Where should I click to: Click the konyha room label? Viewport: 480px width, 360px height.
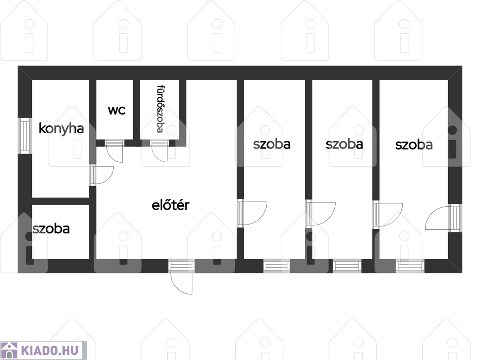(61, 129)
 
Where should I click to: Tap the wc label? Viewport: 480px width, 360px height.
(117, 110)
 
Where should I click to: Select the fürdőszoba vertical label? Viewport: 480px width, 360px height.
(160, 109)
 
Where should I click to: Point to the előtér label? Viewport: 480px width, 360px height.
(171, 205)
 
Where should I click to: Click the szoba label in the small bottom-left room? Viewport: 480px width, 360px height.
(51, 229)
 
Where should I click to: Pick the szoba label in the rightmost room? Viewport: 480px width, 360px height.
(414, 145)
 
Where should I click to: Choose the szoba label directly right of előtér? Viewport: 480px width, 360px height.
(272, 144)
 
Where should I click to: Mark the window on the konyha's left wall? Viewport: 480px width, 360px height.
(25, 135)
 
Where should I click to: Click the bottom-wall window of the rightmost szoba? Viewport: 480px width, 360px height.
(410, 266)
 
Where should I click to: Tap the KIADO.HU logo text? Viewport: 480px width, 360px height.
(50, 350)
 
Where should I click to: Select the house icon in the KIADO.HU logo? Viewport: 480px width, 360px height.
(9, 350)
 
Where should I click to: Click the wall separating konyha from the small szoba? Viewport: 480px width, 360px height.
(60, 201)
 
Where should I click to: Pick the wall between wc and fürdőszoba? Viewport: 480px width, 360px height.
(136, 110)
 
